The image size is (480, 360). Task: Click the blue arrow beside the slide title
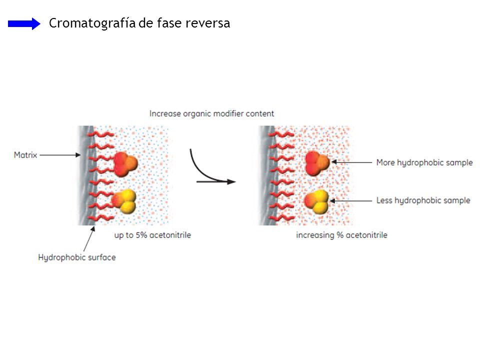tap(24, 23)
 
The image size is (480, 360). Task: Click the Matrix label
tap(25, 155)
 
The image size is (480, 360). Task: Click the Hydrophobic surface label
tap(77, 257)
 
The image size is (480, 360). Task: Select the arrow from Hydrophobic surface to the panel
tap(88, 239)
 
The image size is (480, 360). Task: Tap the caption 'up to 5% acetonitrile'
tap(152, 234)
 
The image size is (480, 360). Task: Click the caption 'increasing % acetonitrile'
tap(341, 234)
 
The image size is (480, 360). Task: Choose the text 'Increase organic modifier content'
tap(211, 113)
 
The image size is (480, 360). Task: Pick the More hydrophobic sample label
tap(424, 162)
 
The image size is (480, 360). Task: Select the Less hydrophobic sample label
tap(423, 200)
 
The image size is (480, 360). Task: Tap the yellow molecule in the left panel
tap(124, 201)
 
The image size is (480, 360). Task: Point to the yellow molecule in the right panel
tap(316, 201)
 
